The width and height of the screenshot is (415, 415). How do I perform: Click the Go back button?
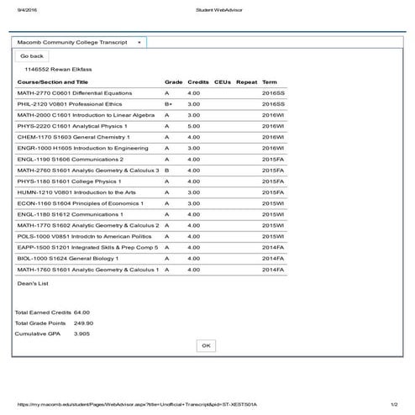pyautogui.click(x=32, y=56)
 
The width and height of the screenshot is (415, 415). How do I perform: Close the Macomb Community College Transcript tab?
pyautogui.click(x=139, y=41)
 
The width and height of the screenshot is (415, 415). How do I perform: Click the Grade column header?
pyautogui.click(x=173, y=81)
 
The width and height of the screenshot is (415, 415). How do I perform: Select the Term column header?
pyautogui.click(x=270, y=81)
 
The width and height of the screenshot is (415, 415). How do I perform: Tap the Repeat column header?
pyautogui.click(x=247, y=81)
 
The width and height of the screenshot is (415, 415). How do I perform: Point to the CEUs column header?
pyautogui.click(x=222, y=81)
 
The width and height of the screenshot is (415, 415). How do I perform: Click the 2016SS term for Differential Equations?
pyautogui.click(x=274, y=92)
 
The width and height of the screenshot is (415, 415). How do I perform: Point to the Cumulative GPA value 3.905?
pyautogui.click(x=81, y=334)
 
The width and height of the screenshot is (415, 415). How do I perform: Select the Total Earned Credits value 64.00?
pyautogui.click(x=81, y=313)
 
